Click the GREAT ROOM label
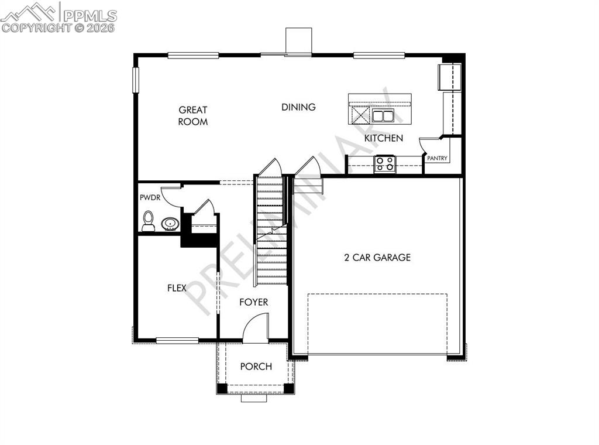pyautogui.click(x=193, y=115)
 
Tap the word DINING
pyautogui.click(x=298, y=107)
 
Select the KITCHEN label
pyautogui.click(x=384, y=138)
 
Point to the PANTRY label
pyautogui.click(x=437, y=158)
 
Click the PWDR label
pyautogui.click(x=150, y=198)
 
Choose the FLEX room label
pyautogui.click(x=177, y=288)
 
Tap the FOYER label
pyautogui.click(x=254, y=302)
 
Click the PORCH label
pyautogui.click(x=256, y=367)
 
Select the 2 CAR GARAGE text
pyautogui.click(x=377, y=257)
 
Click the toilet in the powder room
pyautogui.click(x=149, y=221)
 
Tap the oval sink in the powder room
pyautogui.click(x=170, y=224)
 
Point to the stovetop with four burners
pyautogui.click(x=385, y=163)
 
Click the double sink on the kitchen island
pyautogui.click(x=383, y=115)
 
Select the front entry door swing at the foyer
pyautogui.click(x=256, y=327)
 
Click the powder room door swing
pyautogui.click(x=171, y=196)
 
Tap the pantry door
pyautogui.click(x=429, y=144)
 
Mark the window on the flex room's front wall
pyautogui.click(x=177, y=340)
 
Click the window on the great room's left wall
pyautogui.click(x=135, y=80)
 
